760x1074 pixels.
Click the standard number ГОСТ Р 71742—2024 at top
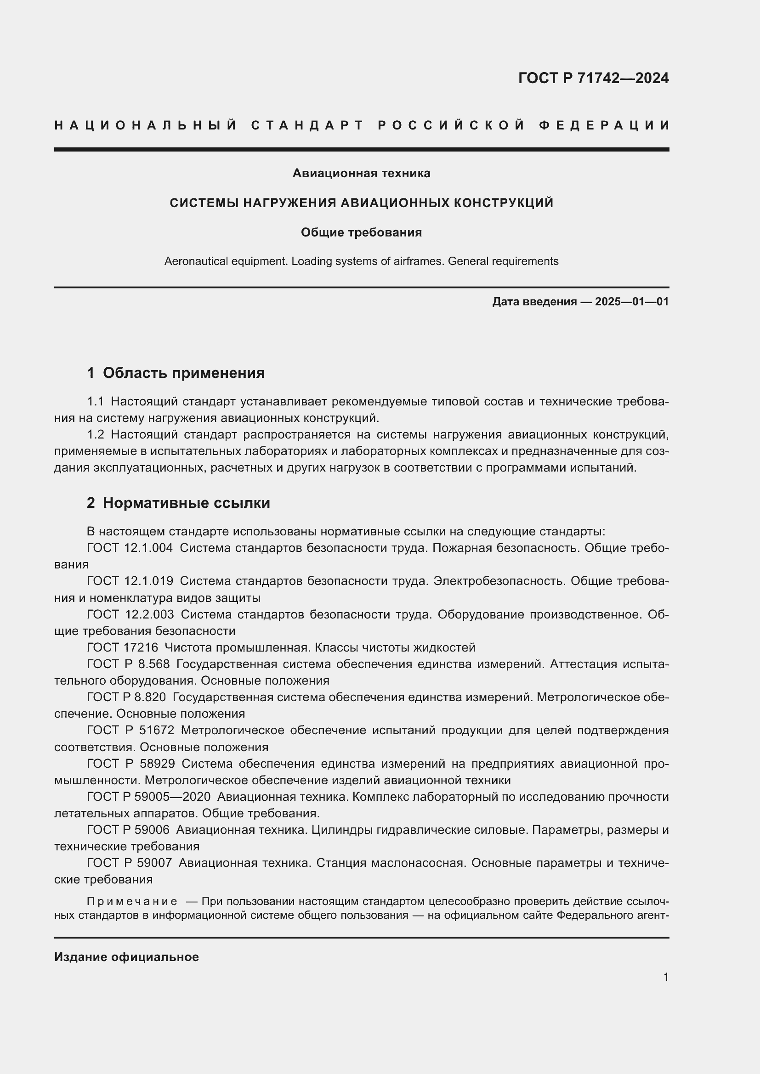pos(593,78)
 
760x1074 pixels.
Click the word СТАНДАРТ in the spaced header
pos(307,125)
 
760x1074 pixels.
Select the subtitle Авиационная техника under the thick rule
pos(361,173)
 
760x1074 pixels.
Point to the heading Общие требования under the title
pos(361,232)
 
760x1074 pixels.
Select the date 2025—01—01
pos(632,302)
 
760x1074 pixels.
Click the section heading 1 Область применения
pos(176,373)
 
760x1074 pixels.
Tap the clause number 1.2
pos(96,434)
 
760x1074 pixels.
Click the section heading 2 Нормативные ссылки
pos(178,503)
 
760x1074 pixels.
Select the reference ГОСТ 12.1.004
pos(130,548)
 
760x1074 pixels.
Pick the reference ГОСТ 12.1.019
pos(130,581)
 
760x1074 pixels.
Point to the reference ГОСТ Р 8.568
pos(128,664)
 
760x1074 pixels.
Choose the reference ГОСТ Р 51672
pos(130,730)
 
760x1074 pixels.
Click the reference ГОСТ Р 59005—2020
pos(148,797)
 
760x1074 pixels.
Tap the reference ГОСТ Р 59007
pos(129,863)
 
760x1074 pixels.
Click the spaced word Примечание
pos(132,901)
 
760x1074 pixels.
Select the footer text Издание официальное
pos(126,956)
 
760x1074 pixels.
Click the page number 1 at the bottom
pos(665,977)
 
